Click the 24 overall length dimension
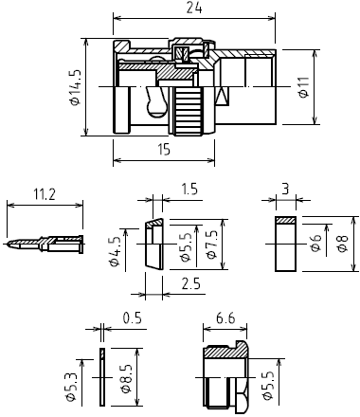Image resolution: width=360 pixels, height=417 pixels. click(194, 8)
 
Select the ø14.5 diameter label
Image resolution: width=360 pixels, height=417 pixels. click(76, 87)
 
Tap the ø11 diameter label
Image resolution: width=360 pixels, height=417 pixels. click(303, 87)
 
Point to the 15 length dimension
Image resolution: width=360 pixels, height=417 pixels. click(164, 149)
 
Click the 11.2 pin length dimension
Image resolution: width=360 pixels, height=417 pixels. click(45, 194)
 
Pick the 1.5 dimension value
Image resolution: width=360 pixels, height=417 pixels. click(189, 189)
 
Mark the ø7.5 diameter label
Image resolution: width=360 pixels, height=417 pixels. click(212, 245)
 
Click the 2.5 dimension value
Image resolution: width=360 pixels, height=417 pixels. click(191, 284)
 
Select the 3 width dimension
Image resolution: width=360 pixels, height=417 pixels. click(285, 190)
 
